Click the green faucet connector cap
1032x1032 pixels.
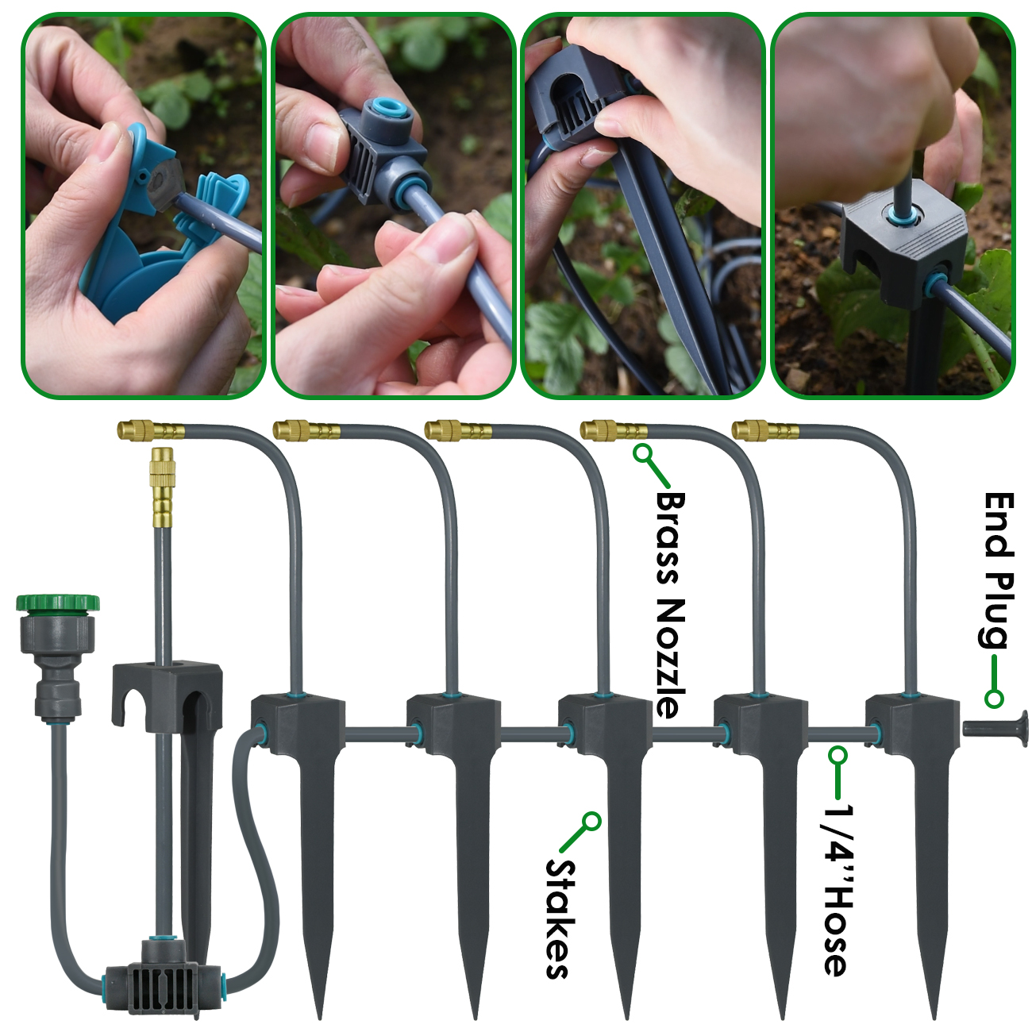[58, 602]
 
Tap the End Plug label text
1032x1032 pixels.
[997, 569]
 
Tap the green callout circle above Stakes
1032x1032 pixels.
[591, 821]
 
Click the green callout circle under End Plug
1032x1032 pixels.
[994, 699]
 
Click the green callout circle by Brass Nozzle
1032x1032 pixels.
[642, 453]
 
